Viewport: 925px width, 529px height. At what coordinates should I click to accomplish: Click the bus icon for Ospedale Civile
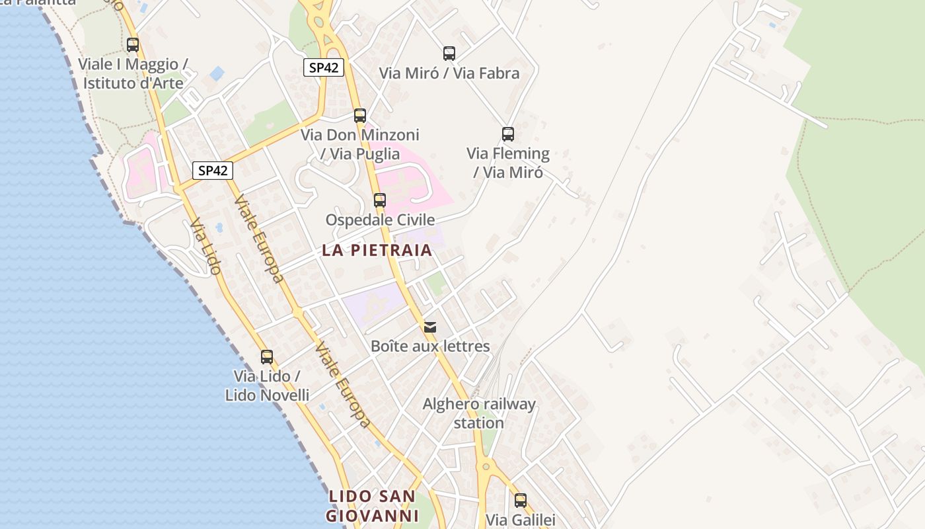point(379,200)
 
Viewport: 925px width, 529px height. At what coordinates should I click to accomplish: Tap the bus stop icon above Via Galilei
point(521,501)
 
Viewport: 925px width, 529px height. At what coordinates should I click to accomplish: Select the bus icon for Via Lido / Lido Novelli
point(267,357)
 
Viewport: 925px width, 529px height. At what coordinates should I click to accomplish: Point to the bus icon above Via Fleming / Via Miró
point(508,134)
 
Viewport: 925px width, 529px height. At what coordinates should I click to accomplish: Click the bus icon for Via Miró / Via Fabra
point(449,54)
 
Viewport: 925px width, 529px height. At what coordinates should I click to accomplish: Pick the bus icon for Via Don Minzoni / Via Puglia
point(360,116)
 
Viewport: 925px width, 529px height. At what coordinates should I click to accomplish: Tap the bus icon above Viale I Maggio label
point(133,45)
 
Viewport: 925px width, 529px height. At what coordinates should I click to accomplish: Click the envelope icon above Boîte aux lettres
point(430,327)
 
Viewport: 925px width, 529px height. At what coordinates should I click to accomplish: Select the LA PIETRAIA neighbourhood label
point(377,250)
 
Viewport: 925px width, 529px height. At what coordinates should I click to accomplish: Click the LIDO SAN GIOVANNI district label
point(373,506)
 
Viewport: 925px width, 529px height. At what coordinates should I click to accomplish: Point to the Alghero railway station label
point(479,413)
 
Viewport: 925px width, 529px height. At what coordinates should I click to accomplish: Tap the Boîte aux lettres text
point(430,346)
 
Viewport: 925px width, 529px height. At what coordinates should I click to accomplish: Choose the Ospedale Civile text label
point(380,220)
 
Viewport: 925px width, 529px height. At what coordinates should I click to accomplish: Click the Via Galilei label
point(521,520)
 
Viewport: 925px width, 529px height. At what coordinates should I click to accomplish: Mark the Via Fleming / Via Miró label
point(508,163)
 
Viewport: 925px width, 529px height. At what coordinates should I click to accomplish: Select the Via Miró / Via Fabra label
point(449,73)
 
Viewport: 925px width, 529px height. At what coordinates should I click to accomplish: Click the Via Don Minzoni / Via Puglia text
point(360,144)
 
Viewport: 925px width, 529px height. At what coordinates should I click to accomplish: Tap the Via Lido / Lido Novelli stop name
point(267,386)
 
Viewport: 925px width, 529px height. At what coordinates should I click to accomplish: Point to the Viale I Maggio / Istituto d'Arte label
point(133,73)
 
